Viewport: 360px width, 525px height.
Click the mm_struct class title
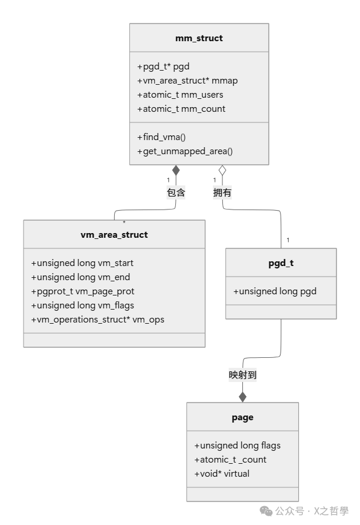[199, 38]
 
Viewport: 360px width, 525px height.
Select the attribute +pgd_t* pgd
[163, 67]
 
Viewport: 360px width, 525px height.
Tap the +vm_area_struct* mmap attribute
[187, 81]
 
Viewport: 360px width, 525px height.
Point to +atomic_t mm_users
[180, 95]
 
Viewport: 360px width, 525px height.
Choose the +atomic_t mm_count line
[181, 109]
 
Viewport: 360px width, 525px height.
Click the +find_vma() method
[161, 137]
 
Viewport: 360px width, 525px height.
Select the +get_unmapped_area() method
[185, 151]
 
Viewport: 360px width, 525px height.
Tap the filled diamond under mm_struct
[176, 171]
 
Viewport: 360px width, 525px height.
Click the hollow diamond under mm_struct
[222, 171]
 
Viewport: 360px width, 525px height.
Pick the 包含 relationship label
[176, 192]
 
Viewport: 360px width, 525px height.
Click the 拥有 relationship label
[222, 192]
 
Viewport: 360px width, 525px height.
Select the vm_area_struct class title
[114, 235]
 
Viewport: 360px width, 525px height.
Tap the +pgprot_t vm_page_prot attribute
[86, 291]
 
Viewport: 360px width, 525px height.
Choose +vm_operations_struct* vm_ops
[98, 320]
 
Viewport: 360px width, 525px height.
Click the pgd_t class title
[281, 263]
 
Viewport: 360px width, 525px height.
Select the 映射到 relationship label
[242, 375]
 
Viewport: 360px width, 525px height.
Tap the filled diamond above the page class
[242, 397]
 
